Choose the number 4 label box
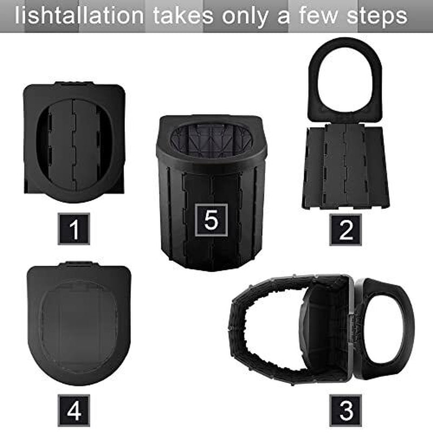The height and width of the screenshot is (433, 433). pos(74,409)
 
